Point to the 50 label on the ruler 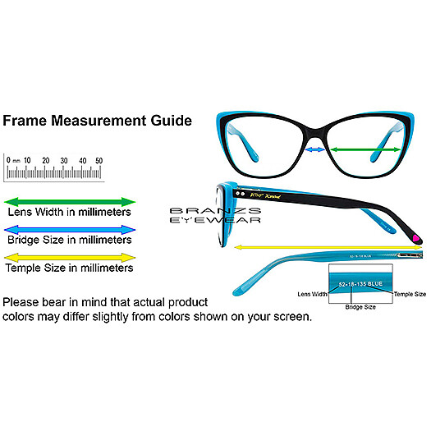pyautogui.click(x=99, y=160)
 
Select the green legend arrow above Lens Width pyautogui.click(x=70, y=200)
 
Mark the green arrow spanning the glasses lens pyautogui.click(x=366, y=149)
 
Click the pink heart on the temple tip pyautogui.click(x=418, y=238)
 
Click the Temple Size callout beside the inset pyautogui.click(x=409, y=293)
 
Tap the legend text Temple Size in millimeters pyautogui.click(x=69, y=268)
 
